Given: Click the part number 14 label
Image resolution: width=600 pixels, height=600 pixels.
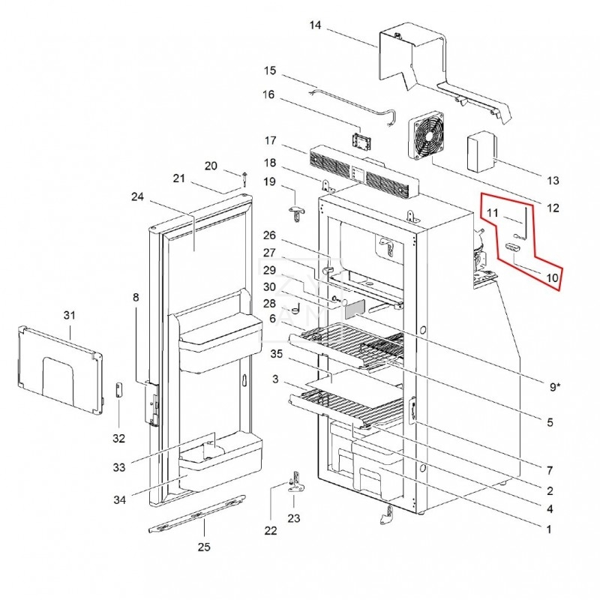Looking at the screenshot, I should click(x=315, y=25).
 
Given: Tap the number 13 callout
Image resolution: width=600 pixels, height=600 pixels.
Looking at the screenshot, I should click(x=553, y=181).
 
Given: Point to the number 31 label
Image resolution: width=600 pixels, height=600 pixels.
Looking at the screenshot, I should click(x=70, y=315).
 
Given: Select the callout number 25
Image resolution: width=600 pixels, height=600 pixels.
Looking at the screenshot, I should click(x=204, y=547).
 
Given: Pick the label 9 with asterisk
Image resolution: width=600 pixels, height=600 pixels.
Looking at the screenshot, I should click(x=554, y=386).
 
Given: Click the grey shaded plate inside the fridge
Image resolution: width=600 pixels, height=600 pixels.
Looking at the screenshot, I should click(x=352, y=307).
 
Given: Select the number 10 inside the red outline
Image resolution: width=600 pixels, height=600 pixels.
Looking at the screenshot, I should click(x=552, y=277).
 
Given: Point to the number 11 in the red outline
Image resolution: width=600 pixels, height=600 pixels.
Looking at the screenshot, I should click(x=492, y=213).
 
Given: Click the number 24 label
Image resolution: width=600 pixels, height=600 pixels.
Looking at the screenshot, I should click(x=136, y=197).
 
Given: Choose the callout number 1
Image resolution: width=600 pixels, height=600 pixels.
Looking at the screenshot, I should click(x=549, y=529).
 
